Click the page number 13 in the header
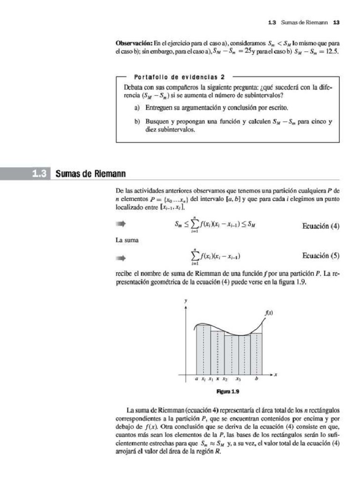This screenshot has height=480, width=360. [336, 22]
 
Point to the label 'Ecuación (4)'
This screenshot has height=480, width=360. [321, 226]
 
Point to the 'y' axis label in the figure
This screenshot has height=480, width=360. [186, 300]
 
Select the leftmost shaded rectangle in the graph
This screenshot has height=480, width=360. [203, 350]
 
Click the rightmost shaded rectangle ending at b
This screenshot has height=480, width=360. [257, 354]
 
